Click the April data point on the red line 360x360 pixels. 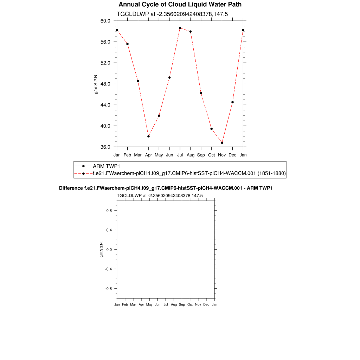coord(148,136)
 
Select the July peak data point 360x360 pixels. coord(180,28)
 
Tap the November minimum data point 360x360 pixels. coord(222,143)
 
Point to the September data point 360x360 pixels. coord(201,93)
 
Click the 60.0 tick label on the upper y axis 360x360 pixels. coord(105,21)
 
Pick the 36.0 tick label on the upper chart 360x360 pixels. coord(105,147)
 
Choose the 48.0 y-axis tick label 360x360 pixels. coord(105,84)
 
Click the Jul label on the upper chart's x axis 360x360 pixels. coord(180,155)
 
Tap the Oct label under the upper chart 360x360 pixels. coord(211,155)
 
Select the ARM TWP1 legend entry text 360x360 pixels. coord(107,166)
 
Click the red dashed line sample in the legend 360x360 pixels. coord(83,173)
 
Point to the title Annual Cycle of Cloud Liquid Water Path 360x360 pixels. coord(180,5)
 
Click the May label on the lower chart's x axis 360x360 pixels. coord(149,304)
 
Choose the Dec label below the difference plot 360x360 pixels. coord(206,304)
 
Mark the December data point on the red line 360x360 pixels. coord(232,102)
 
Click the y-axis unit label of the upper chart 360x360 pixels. coord(96,84)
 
